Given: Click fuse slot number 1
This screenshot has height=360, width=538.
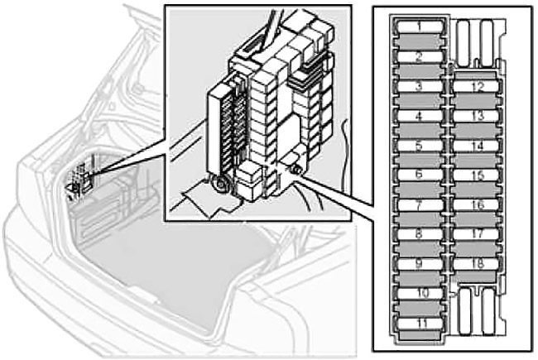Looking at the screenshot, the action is point(420,26).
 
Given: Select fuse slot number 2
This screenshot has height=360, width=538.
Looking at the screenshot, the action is point(420,57).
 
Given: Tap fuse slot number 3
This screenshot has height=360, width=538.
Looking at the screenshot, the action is point(420,86).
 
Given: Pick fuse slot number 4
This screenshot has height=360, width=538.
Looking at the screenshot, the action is point(420,116).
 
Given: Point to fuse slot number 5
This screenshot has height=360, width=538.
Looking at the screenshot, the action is point(420,146).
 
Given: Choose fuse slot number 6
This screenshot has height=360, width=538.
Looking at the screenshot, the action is point(420,175).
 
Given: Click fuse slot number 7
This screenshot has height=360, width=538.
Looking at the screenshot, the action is point(420,205).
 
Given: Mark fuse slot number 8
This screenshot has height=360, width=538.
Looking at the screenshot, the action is point(420,234).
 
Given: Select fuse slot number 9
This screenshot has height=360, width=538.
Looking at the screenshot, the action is point(420,263).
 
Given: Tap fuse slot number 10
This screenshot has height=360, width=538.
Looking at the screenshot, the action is point(420,294).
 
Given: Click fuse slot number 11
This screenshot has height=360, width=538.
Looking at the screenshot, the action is point(420,324).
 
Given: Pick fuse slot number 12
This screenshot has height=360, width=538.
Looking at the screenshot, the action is point(476,86).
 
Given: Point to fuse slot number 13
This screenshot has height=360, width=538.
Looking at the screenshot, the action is point(476,116).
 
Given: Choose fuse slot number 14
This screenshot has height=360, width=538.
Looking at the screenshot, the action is point(476,146).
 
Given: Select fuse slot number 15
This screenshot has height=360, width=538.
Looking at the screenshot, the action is point(476,175).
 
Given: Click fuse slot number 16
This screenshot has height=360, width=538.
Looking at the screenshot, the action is point(476,205).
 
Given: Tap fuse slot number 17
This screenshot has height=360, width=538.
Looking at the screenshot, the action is point(476,234).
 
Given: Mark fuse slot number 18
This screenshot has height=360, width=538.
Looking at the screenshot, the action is point(476,264).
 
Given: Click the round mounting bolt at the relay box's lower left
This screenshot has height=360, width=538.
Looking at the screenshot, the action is point(220,185).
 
